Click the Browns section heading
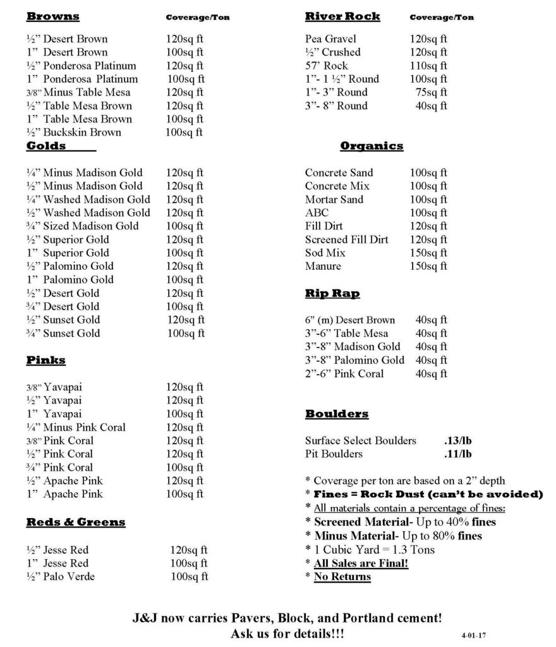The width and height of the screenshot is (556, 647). tap(53, 16)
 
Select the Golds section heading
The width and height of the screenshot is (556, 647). tap(46, 146)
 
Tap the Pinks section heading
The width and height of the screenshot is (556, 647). tap(45, 360)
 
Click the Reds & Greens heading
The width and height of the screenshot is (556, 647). tap(76, 522)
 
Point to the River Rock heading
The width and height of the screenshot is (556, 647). tap(342, 16)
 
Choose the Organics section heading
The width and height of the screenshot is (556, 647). tap(372, 146)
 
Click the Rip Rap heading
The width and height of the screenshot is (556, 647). tap(332, 293)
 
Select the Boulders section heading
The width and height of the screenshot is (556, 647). tap(337, 414)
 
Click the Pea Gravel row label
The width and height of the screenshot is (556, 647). tap(330, 39)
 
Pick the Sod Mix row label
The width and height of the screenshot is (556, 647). tap(325, 253)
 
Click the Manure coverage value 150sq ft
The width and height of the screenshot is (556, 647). tap(428, 266)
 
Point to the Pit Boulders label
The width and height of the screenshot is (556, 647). tap(334, 454)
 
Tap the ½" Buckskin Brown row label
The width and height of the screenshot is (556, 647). tap(73, 132)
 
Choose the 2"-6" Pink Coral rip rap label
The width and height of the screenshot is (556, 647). tap(353, 373)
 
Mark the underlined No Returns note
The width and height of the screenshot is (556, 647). tap(342, 576)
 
